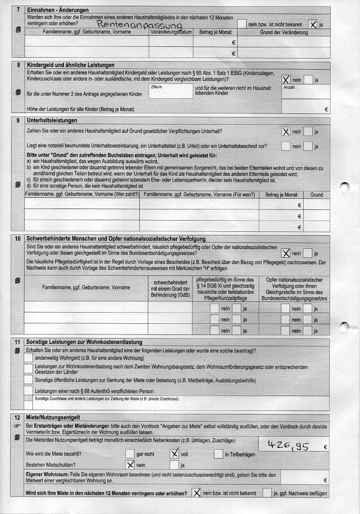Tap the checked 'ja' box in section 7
(x=314, y=24)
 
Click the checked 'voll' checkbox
(x=175, y=454)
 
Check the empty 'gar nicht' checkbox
(x=130, y=454)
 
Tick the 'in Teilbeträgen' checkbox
(x=218, y=454)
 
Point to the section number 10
(x=17, y=238)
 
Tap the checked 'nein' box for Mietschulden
(x=130, y=464)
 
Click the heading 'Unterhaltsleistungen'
(x=52, y=121)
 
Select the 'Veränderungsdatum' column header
(x=172, y=32)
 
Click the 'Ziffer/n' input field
(x=170, y=92)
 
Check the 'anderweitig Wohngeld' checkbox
(x=28, y=358)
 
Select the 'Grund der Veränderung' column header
(x=284, y=32)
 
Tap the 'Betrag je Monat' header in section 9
(x=281, y=195)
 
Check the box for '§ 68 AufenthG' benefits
(x=28, y=391)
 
